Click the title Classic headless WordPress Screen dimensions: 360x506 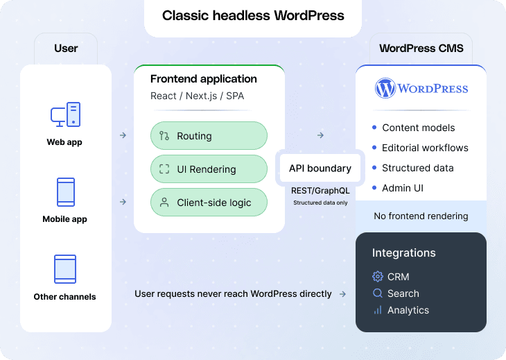[252, 15]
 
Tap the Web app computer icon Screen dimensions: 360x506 [66, 114]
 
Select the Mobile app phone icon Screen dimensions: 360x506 [66, 192]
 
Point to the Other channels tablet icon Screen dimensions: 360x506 [65, 269]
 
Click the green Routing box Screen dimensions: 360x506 [209, 136]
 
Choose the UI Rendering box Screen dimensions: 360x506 [209, 169]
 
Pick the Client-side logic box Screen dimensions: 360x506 [209, 203]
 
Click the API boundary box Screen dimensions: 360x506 [320, 168]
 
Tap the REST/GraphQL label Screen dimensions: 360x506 [320, 190]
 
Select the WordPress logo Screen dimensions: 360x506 [421, 89]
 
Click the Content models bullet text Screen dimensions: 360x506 [419, 128]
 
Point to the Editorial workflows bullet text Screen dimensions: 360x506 [425, 148]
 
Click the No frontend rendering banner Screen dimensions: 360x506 [421, 216]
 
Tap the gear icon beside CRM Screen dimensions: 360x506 [378, 277]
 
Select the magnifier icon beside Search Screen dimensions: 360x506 [378, 293]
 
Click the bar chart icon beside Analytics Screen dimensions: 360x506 [378, 310]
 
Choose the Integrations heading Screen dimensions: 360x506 [404, 253]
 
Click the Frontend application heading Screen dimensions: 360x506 [204, 79]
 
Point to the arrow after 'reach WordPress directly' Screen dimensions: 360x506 [342, 294]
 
